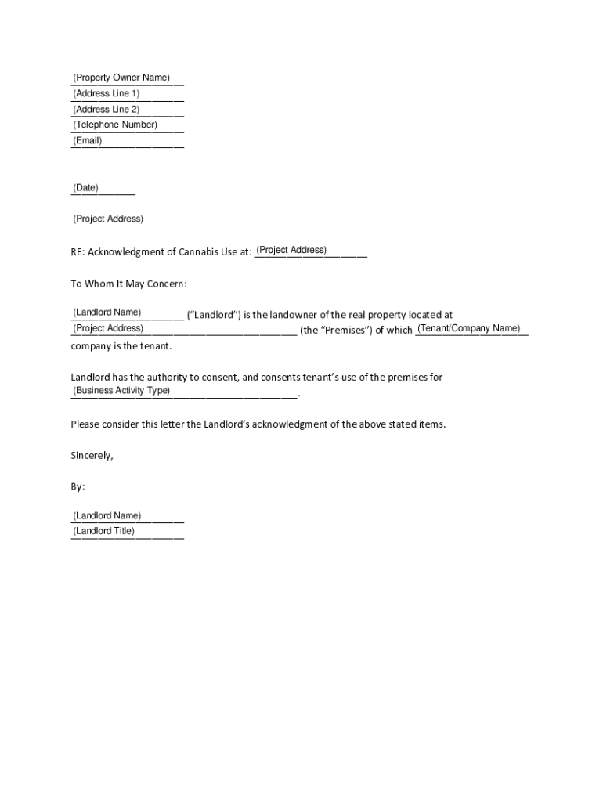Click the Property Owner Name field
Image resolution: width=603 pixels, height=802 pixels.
coord(127,78)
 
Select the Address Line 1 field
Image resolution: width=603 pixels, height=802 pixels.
coord(127,94)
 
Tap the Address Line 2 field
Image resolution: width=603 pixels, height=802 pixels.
coord(127,110)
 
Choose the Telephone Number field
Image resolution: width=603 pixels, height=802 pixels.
coord(127,125)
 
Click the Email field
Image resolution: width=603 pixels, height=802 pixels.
coord(127,141)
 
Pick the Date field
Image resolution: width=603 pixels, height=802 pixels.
coord(103,188)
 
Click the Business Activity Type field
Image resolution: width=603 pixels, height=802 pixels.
coord(183,391)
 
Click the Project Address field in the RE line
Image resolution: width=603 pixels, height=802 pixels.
coord(310,251)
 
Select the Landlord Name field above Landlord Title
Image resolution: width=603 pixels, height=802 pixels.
coord(127,516)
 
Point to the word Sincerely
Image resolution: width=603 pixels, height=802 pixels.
coord(92,455)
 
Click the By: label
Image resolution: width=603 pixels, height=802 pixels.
coord(78,486)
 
